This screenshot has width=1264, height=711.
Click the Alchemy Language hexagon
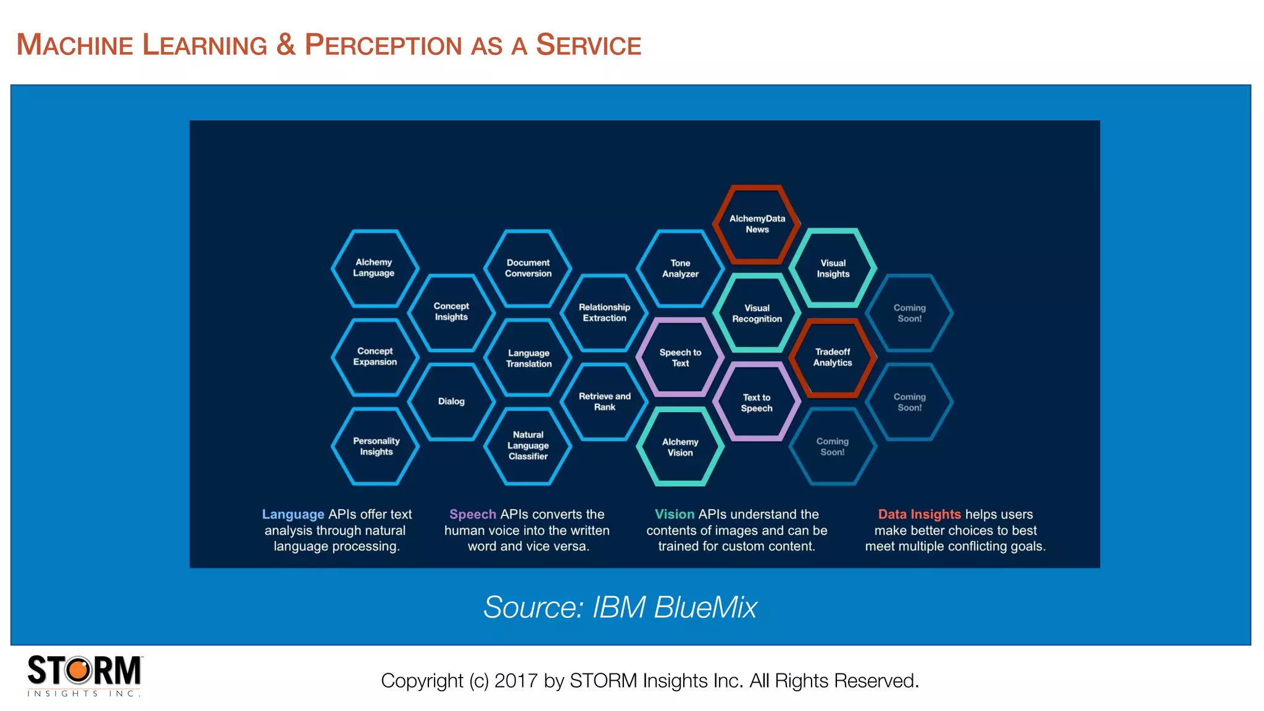pos(374,268)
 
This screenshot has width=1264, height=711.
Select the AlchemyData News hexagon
pos(757,224)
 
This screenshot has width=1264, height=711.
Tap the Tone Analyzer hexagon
pos(680,268)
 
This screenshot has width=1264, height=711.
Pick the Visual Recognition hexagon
pos(757,314)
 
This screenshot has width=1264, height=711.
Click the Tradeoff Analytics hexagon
pos(833,357)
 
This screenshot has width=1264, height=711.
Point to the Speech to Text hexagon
pos(680,358)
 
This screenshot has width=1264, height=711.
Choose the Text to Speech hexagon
pos(757,402)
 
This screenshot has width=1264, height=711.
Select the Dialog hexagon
pos(451,401)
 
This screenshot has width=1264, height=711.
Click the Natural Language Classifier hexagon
pos(528,446)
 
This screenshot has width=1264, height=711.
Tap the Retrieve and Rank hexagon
pos(604,402)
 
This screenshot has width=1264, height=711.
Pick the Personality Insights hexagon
pos(376,446)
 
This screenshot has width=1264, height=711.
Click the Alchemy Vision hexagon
pos(680,447)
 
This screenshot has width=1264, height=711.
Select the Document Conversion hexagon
pos(528,268)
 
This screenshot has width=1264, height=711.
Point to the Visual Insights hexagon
pos(833,268)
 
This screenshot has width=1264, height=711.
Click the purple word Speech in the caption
pos(473,514)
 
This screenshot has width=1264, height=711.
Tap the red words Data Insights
pos(919,514)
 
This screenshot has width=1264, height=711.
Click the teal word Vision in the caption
pos(674,514)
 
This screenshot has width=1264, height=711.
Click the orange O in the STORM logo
pos(78,670)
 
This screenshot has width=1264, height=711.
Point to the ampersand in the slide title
pos(286,44)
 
